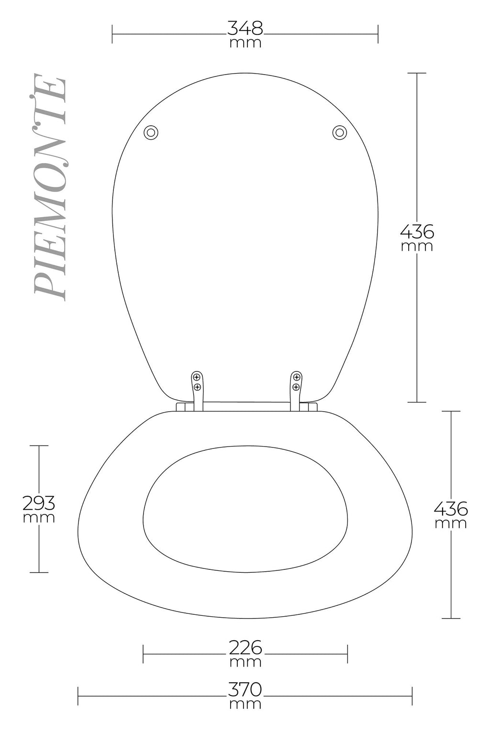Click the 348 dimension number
[245, 28]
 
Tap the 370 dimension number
[245, 689]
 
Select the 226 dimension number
[245, 648]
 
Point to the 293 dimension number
[39, 503]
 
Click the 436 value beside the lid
[417, 232]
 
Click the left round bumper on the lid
[151, 133]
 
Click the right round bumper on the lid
[339, 132]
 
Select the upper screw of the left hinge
[197, 377]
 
